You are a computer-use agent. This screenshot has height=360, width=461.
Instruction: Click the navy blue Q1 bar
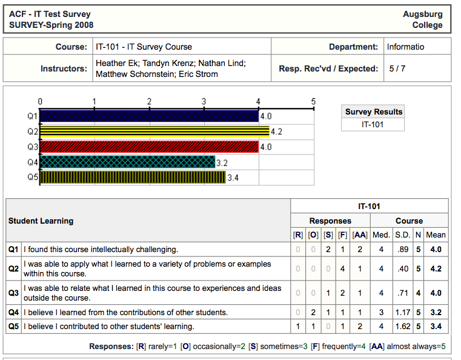coord(149,116)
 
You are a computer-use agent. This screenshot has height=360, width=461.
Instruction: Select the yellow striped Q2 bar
coord(154,132)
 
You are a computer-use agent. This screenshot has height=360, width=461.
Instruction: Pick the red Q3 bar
coord(149,147)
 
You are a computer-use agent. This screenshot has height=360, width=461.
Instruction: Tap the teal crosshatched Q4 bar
coord(127,162)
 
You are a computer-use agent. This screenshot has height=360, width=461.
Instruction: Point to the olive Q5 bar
coord(133,178)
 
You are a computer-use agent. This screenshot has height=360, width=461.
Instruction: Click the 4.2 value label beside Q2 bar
coord(277,132)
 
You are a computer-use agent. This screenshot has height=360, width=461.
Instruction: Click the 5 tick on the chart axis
coord(313,102)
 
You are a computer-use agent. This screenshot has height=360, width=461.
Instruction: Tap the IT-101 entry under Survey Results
coord(374,125)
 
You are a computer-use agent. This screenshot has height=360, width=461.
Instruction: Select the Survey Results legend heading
coord(374,112)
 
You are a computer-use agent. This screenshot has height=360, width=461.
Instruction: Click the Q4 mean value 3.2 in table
coord(436,313)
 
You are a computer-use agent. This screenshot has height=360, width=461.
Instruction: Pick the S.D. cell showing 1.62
coord(402,327)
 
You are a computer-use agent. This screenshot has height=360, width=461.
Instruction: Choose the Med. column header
coord(381,235)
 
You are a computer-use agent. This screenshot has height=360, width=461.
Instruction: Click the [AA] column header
coord(360,235)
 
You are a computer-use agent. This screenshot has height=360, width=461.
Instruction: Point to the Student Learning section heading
coord(41,221)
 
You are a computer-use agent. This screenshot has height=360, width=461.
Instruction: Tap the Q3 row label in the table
coord(13,293)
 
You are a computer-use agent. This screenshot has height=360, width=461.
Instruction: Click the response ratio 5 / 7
coord(397,68)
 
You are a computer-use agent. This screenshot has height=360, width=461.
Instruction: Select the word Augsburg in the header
coord(423,14)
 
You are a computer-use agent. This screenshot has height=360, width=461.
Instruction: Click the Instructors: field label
coord(64,68)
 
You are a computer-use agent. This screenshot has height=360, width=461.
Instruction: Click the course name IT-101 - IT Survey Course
coord(144,47)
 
